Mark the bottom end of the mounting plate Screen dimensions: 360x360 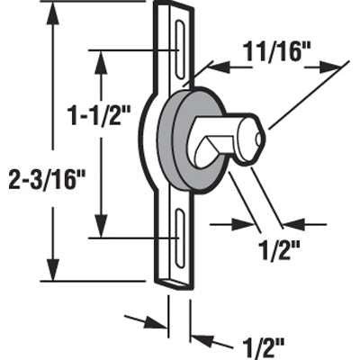[178, 283]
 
